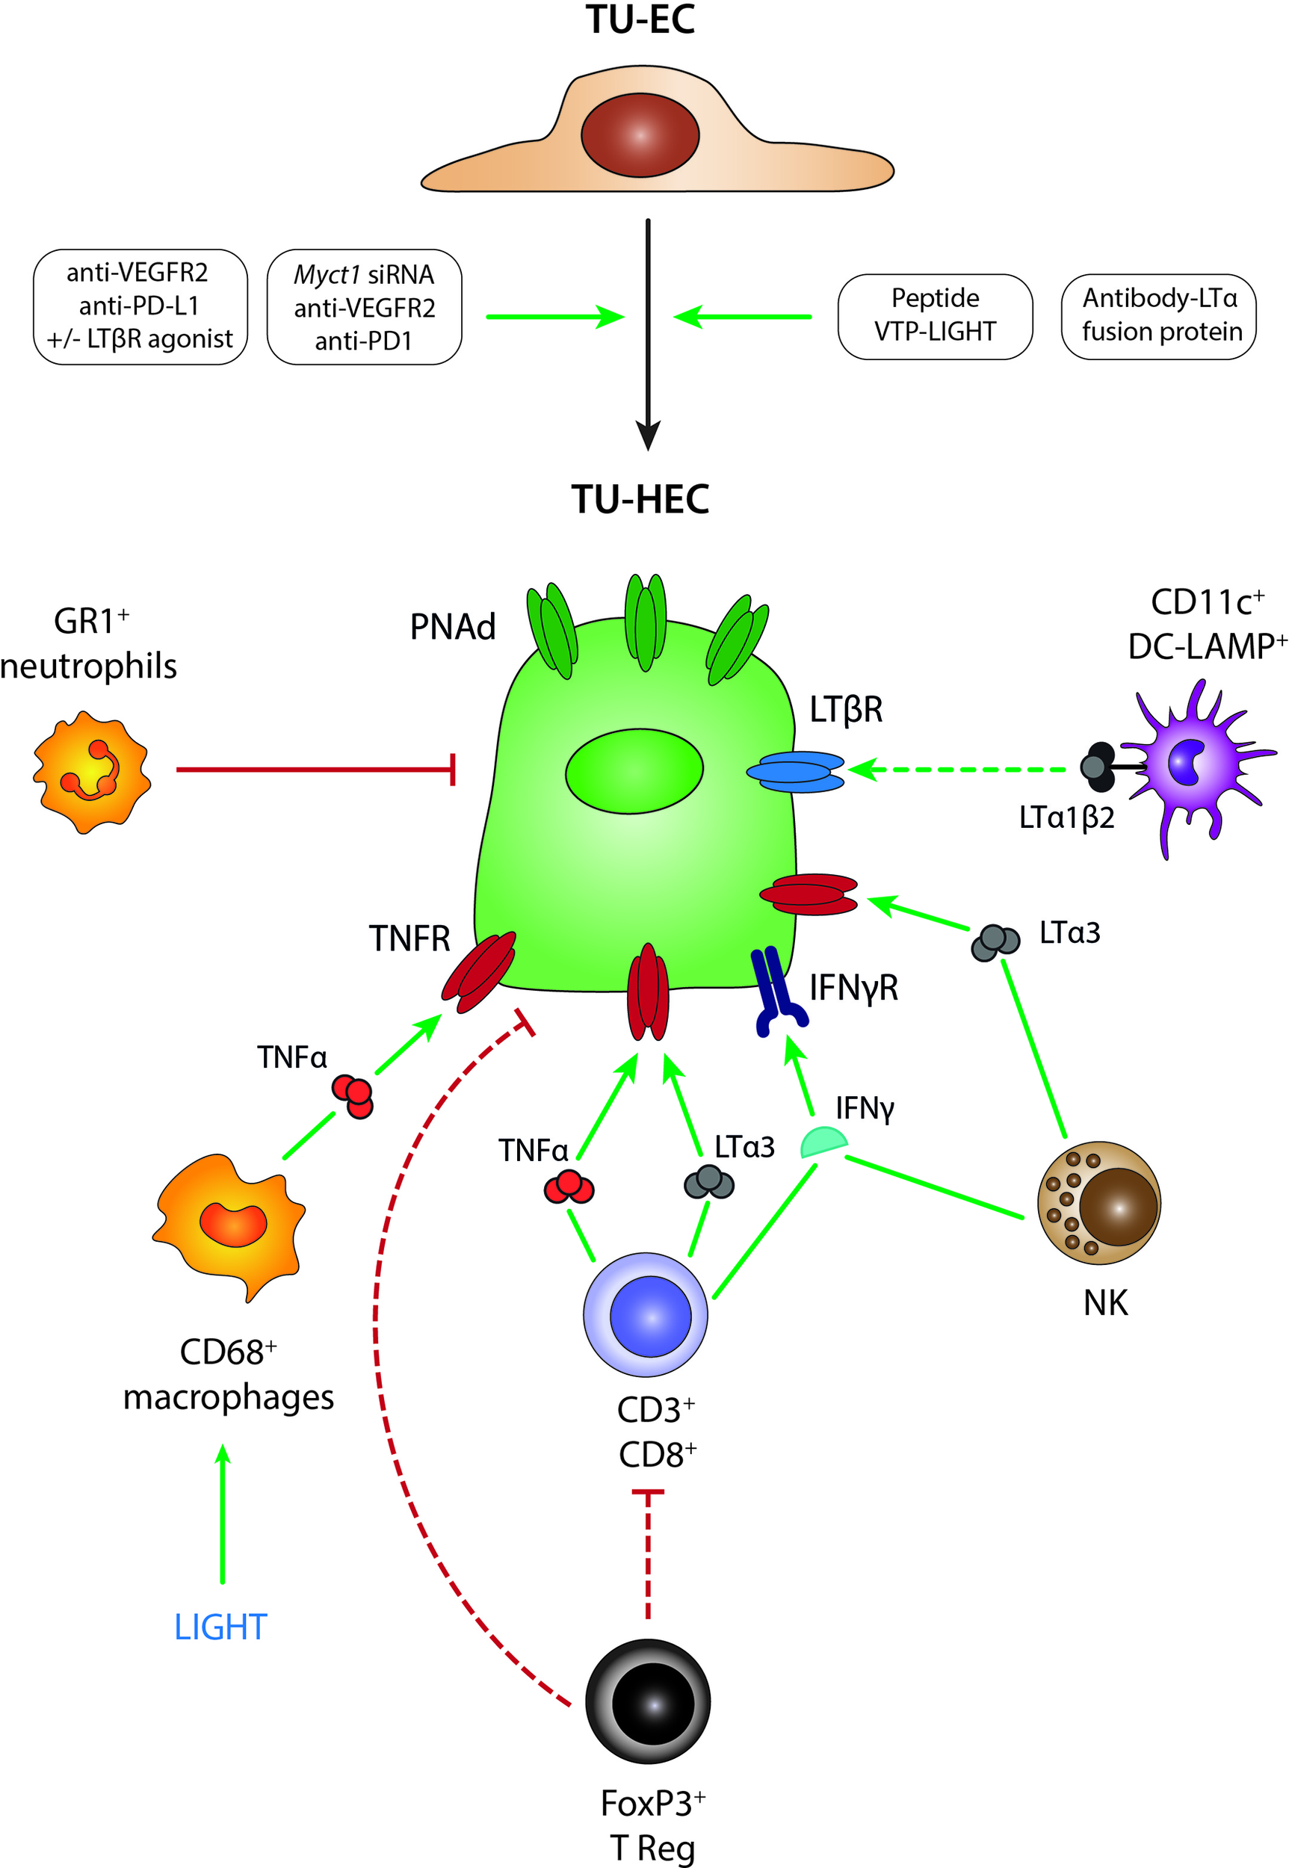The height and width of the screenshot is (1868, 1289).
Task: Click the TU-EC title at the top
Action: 640,20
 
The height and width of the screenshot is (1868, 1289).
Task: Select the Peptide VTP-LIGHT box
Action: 935,316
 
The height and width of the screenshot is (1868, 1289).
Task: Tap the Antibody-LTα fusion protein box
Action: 1158,316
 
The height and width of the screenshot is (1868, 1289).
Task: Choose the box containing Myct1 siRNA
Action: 363,307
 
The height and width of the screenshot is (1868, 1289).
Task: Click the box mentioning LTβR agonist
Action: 140,307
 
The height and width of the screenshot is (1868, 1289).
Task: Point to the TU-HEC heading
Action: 640,499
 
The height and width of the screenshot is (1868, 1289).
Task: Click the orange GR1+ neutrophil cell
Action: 91,772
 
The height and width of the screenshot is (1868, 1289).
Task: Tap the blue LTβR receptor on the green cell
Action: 796,771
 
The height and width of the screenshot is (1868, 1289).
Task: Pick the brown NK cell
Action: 1098,1203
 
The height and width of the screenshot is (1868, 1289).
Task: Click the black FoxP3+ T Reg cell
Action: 648,1701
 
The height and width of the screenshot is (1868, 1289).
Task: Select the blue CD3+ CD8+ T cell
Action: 646,1315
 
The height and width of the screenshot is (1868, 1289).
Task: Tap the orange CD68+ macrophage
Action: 230,1223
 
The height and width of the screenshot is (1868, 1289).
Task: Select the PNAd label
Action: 452,628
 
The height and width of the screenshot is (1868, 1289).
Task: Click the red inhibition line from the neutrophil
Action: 315,770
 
